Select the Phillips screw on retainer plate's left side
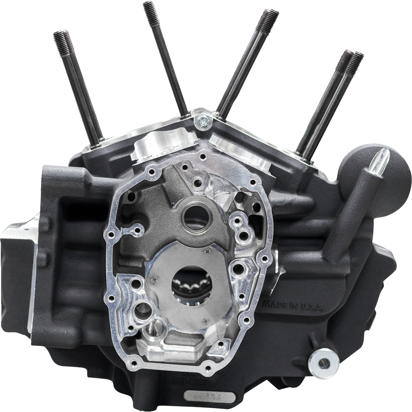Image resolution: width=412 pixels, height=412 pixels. (154, 279)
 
